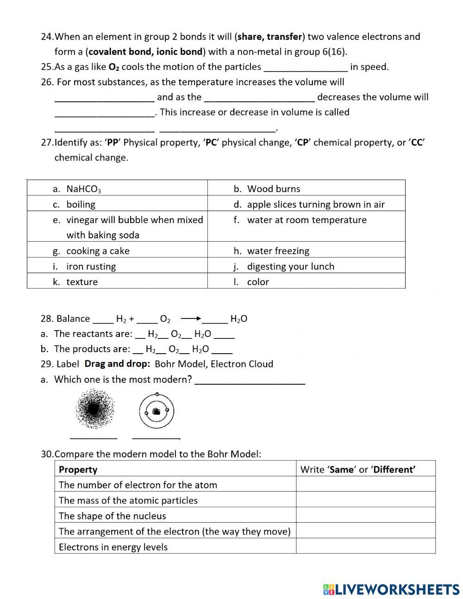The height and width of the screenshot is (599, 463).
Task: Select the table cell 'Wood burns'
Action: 306,188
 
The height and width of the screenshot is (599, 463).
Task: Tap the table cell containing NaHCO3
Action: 117,188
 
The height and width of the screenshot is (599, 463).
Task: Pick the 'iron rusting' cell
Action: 117,266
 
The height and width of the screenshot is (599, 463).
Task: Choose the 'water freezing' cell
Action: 306,251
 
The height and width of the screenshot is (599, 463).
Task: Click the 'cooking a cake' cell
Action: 117,251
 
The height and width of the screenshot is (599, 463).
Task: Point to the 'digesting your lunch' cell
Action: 306,266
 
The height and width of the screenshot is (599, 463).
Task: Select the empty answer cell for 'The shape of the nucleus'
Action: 365,516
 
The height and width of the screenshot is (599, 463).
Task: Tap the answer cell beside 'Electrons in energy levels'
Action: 365,547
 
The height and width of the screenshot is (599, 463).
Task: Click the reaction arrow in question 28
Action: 190,318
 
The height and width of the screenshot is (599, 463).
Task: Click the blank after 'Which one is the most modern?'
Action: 250,380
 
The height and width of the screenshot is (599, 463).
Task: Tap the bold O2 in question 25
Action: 114,67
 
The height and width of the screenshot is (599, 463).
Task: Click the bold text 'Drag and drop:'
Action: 117,364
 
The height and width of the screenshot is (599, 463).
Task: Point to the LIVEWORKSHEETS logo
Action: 391,589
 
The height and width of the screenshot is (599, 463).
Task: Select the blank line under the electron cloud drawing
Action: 94,437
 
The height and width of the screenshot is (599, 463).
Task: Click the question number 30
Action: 47,454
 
